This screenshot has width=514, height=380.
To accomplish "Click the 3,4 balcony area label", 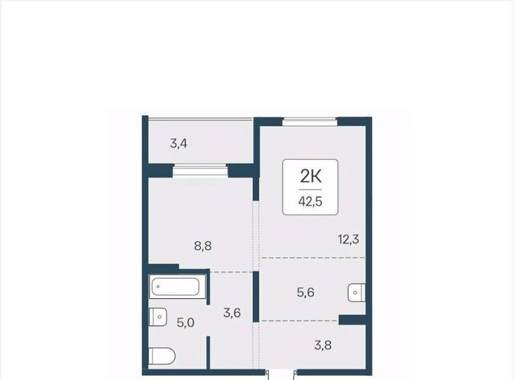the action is [178, 144].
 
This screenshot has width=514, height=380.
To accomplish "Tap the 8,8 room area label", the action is [203, 246].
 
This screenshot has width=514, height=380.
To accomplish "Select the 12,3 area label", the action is [349, 239].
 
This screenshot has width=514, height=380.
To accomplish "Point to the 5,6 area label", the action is [305, 292].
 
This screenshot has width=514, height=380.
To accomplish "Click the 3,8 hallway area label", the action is [323, 345].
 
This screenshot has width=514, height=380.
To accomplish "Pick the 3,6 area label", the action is [232, 313].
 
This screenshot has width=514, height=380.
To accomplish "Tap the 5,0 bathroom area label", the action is [186, 323].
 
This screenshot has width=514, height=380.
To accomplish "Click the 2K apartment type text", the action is [311, 177].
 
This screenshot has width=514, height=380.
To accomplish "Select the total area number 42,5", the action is [311, 202].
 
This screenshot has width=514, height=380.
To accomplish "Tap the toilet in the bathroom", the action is [162, 356].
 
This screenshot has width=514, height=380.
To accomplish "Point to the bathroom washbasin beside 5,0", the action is [157, 317].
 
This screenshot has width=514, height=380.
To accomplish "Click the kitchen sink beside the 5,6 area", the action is [357, 292].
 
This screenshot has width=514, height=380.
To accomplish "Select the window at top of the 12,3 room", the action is [310, 121].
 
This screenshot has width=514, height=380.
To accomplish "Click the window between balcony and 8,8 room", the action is [200, 170].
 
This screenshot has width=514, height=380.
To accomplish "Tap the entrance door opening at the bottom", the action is [282, 373].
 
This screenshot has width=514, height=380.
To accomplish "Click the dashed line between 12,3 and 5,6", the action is [313, 258].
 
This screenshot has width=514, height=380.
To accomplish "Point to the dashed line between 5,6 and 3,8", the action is [300, 321].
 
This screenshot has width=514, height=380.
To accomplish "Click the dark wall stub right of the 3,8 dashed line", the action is [352, 320].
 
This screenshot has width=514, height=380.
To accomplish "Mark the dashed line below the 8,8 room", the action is [231, 272].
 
